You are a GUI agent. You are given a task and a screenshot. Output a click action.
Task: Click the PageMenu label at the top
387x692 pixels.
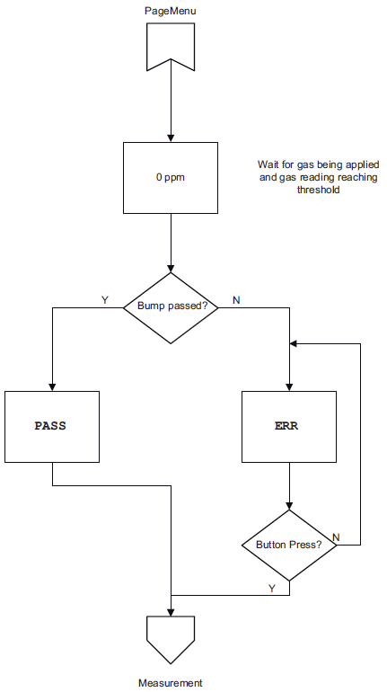(x=171, y=11)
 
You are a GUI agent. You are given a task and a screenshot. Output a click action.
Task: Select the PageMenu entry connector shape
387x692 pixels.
(x=171, y=46)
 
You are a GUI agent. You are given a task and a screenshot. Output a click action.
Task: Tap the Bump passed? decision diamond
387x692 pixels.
(x=171, y=308)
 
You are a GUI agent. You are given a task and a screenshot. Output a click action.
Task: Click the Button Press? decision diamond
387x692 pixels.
(x=289, y=546)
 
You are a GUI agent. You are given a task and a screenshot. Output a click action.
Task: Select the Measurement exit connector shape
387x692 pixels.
(x=171, y=640)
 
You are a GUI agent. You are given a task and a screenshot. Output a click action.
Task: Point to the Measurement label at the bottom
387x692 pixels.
(x=171, y=683)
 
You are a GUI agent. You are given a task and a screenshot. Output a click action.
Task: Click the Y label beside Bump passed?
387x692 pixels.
(x=104, y=300)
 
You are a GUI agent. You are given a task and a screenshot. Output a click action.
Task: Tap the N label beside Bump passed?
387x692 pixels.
(x=236, y=300)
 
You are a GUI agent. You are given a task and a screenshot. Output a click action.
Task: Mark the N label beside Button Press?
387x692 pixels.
(x=336, y=537)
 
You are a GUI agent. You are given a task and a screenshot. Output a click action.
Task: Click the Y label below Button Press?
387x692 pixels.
(x=272, y=588)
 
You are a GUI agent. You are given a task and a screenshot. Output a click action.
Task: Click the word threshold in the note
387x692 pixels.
(x=318, y=191)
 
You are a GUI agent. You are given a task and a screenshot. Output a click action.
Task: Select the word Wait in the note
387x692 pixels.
(x=266, y=164)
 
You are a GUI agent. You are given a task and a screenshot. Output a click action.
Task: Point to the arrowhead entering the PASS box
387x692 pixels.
(x=52, y=387)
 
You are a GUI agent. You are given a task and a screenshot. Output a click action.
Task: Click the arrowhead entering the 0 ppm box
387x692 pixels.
(x=171, y=138)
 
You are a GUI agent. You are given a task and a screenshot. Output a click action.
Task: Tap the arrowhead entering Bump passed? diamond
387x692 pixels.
(x=171, y=269)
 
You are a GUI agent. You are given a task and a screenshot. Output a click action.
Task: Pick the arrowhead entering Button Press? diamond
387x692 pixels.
(x=289, y=506)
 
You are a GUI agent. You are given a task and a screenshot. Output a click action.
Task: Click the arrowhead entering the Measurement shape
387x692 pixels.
(x=171, y=612)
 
